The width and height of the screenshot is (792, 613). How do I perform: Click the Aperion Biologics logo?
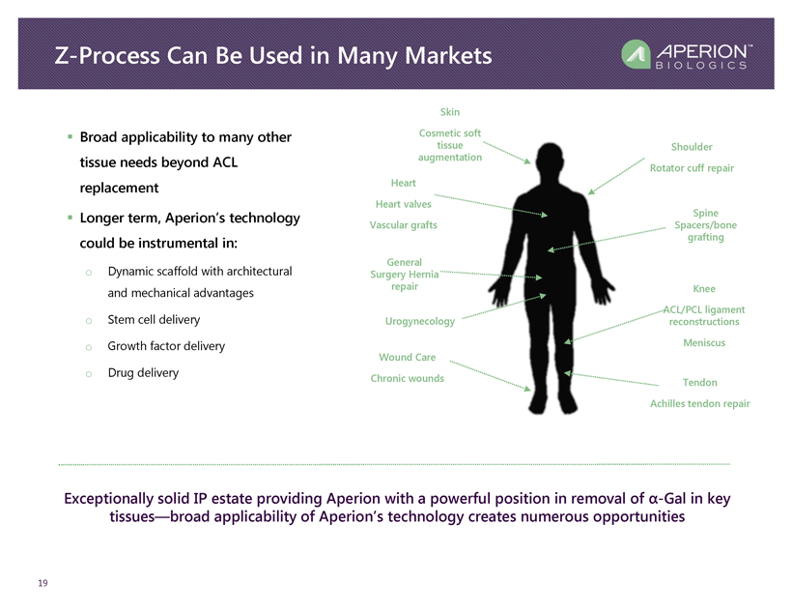tap(685, 55)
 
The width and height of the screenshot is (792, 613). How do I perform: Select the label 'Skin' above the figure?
tap(450, 113)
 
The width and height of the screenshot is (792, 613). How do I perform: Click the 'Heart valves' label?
tap(403, 204)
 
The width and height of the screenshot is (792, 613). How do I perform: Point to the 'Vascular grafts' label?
tap(403, 225)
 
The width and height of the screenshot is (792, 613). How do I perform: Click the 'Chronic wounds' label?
tap(408, 378)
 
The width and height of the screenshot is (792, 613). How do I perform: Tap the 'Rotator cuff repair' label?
tap(692, 168)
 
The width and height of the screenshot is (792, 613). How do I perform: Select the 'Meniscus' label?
tap(703, 343)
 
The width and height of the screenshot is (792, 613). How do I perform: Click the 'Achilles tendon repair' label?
tap(700, 403)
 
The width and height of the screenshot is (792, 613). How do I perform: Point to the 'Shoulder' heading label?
tap(692, 147)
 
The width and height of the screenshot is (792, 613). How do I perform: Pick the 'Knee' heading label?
tap(704, 289)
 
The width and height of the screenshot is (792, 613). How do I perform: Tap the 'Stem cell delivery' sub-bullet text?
tap(163, 320)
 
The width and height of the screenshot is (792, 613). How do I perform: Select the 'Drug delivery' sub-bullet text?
tap(144, 372)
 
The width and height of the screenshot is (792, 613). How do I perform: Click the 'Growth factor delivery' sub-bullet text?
tap(167, 346)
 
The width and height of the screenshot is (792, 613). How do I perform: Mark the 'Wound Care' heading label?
tap(407, 358)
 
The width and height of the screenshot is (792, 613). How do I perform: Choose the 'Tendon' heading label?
tap(699, 383)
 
